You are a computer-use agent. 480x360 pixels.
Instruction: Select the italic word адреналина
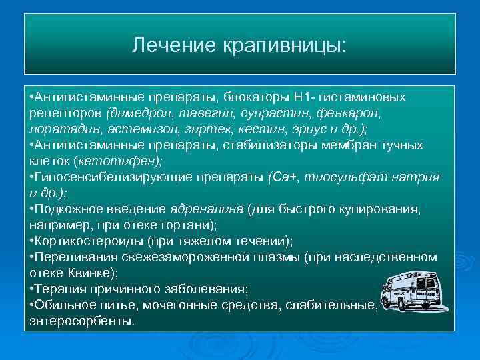[207, 209]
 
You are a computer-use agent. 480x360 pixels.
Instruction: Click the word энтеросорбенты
[82, 321]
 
